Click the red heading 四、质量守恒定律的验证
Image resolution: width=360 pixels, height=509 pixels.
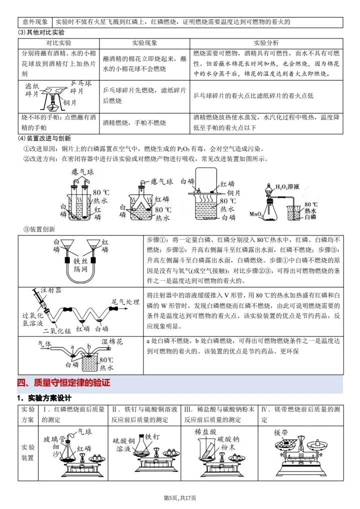click(63, 383)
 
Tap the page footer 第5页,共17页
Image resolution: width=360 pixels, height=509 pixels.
click(180, 497)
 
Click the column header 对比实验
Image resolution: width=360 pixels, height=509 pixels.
click(59, 43)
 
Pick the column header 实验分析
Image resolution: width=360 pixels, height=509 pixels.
click(266, 43)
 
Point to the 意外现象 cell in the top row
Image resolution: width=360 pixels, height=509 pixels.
click(35, 22)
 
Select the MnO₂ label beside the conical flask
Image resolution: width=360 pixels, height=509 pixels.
click(256, 214)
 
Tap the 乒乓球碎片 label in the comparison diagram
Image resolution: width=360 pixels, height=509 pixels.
click(79, 87)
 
